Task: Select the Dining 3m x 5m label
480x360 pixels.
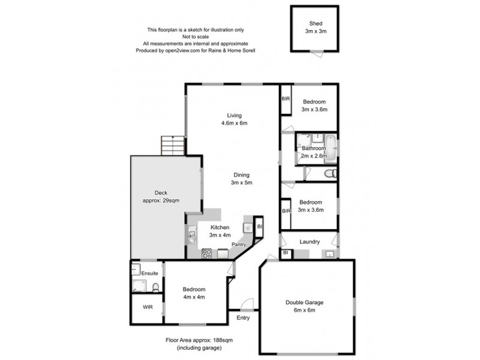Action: point(242,179)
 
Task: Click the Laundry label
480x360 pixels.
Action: point(310,242)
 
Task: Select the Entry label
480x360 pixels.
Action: point(243,318)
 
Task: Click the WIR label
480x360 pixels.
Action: point(148,307)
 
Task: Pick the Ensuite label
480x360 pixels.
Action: point(149,274)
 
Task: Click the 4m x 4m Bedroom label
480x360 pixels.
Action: point(194,293)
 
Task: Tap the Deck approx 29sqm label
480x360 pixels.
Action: point(161,196)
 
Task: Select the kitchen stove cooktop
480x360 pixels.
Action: point(206,253)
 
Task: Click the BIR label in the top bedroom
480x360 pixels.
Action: point(286,98)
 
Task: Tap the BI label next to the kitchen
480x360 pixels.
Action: point(260,227)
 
